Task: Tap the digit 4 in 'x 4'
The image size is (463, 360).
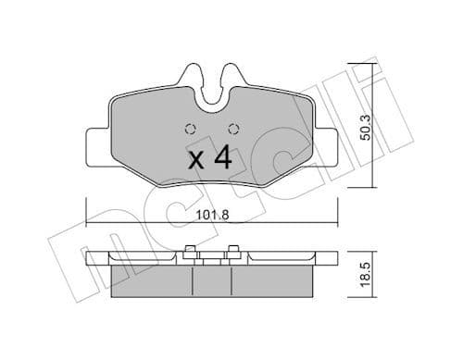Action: tap(222, 157)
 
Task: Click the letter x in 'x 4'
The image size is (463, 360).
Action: tap(195, 160)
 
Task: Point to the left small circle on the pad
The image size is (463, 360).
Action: tap(191, 129)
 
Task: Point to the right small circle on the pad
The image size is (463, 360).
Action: tap(232, 129)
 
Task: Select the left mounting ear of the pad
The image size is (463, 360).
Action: tap(96, 147)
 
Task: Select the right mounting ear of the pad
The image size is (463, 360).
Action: tap(326, 147)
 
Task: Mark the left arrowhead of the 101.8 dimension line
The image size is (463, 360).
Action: tap(89, 223)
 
